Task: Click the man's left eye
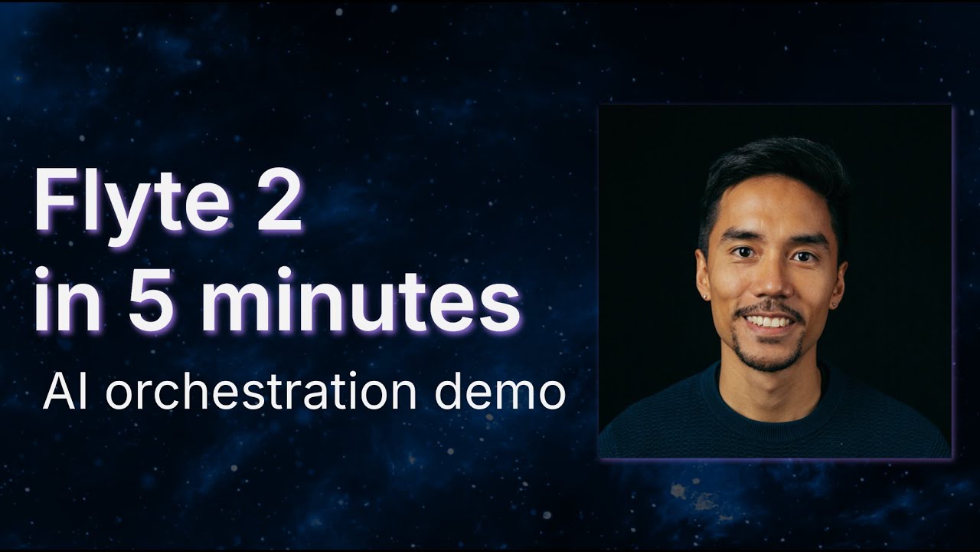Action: click(803, 255)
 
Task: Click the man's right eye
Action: click(742, 252)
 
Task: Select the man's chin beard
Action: click(770, 357)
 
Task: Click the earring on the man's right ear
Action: click(705, 297)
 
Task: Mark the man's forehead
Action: click(774, 206)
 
